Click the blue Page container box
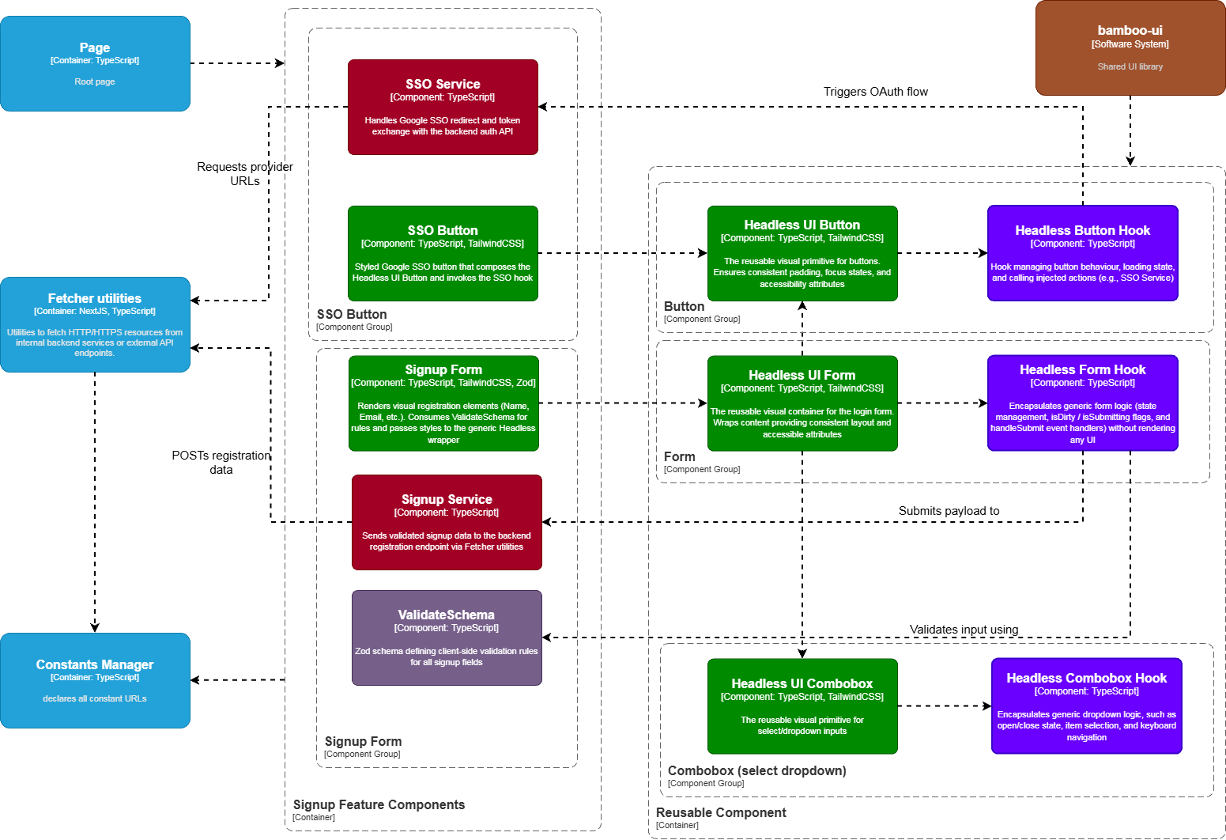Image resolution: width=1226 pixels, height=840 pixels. point(95,63)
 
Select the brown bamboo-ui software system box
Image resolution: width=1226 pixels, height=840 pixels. point(1130,48)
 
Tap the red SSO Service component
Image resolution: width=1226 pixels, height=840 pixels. point(443,107)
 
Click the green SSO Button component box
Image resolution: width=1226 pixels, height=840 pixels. point(443,253)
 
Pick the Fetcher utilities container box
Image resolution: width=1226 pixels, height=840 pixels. point(95,324)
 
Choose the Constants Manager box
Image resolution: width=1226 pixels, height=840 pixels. point(95,680)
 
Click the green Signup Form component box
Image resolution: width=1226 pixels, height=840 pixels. point(443,403)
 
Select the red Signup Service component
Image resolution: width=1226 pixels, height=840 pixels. point(447,522)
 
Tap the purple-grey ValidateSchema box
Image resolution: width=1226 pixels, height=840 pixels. point(447,638)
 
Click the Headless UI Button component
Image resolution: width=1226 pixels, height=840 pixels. point(802,253)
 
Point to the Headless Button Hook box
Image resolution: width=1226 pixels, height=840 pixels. point(1082,253)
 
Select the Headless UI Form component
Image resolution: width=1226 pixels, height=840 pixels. point(802,403)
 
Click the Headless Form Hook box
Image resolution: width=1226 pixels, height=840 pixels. point(1082,403)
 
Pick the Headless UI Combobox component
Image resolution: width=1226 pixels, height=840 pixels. point(802,706)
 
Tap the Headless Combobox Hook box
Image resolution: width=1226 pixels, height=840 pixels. point(1086,706)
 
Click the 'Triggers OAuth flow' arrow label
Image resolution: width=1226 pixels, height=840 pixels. point(875,92)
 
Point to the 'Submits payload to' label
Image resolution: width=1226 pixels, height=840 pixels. point(949,511)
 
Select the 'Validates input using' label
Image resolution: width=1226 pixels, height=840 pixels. point(964,630)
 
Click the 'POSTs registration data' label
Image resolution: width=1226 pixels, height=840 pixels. point(221,462)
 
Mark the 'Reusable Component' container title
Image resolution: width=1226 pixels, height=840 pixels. point(721,812)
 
